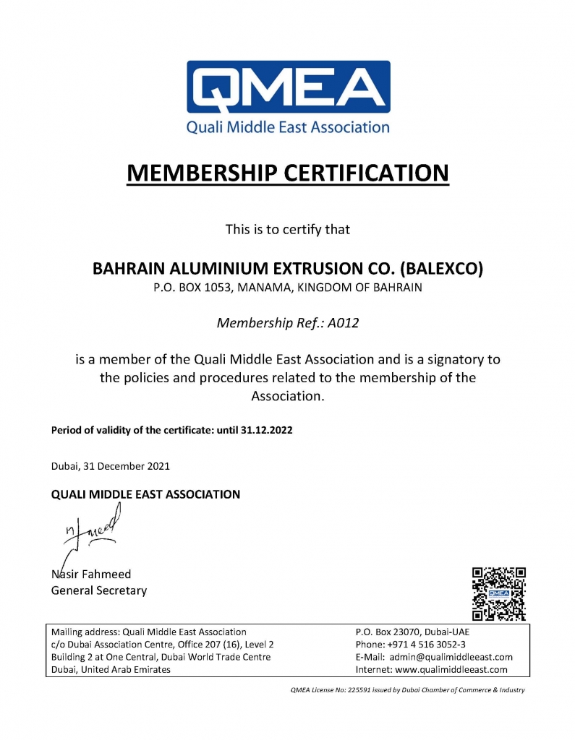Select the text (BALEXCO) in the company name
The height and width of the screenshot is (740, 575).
[x=440, y=269]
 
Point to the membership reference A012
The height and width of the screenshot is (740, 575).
[x=343, y=323]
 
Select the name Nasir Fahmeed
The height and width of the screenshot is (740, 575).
[x=91, y=575]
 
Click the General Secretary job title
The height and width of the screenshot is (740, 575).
[x=98, y=590]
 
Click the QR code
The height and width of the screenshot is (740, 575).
[x=498, y=594]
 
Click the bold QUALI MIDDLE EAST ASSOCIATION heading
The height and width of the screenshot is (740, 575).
[x=145, y=495]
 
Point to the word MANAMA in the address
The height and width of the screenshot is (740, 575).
[x=270, y=288]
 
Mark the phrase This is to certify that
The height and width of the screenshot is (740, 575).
[x=288, y=230]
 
